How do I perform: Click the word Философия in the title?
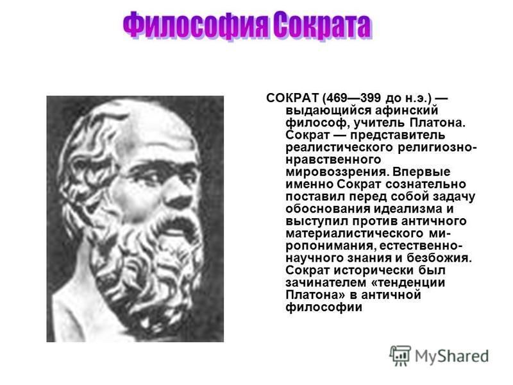click(x=196, y=25)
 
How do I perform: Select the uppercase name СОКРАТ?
click(x=292, y=98)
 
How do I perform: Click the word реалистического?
click(x=340, y=148)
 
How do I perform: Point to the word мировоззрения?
click(x=335, y=172)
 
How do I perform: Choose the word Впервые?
click(x=422, y=172)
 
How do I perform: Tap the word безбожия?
click(x=439, y=258)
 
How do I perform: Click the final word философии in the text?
click(x=324, y=307)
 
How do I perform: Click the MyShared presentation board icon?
click(x=400, y=355)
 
